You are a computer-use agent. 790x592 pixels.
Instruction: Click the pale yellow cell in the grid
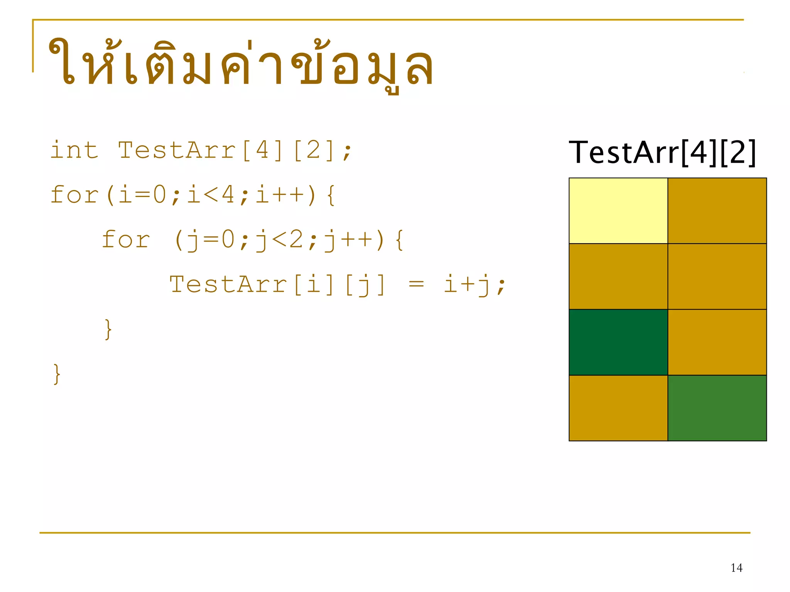click(618, 210)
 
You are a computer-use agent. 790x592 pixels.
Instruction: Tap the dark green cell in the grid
click(618, 342)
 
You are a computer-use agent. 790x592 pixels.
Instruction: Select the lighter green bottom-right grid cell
click(717, 408)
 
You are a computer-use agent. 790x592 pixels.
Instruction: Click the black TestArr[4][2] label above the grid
click(662, 153)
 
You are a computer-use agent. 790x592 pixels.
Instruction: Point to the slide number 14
click(736, 568)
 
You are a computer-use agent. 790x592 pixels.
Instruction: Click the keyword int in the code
click(74, 150)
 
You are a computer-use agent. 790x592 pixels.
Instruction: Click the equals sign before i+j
click(416, 284)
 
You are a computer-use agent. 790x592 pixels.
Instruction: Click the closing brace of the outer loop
click(57, 374)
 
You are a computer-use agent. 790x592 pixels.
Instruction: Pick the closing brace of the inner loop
click(108, 329)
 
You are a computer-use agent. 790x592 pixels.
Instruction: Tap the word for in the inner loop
click(126, 240)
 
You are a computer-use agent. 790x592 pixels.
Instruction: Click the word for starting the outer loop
click(74, 195)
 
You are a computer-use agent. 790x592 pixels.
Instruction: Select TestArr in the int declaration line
click(177, 150)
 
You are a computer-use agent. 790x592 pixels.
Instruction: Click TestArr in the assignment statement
click(228, 284)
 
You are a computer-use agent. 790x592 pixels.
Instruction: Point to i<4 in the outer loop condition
click(211, 195)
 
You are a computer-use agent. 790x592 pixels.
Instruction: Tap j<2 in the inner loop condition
click(280, 240)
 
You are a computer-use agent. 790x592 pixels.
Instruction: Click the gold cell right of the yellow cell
click(717, 210)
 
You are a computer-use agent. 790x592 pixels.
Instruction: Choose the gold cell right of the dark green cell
click(717, 342)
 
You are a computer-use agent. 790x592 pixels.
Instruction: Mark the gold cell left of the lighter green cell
click(618, 408)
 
